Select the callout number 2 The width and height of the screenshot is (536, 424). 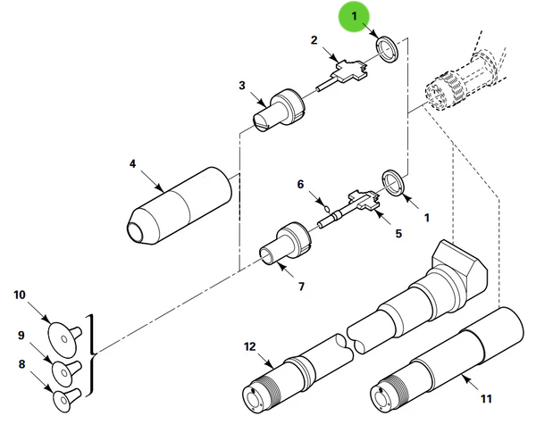[314, 40]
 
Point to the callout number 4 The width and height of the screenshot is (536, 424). [132, 165]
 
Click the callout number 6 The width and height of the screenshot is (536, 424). [301, 185]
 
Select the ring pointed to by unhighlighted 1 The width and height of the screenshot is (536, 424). [392, 181]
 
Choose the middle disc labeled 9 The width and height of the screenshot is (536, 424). [65, 369]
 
